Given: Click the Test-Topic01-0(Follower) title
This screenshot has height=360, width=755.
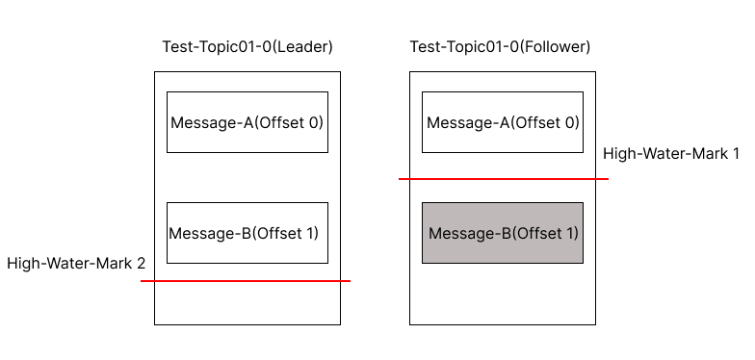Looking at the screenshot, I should pos(500,47).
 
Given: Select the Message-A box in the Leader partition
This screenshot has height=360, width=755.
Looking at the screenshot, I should pos(247,122).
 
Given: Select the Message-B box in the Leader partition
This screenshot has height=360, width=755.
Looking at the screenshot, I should pos(247,233).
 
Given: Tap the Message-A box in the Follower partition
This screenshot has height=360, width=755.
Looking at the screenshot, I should pos(503,122).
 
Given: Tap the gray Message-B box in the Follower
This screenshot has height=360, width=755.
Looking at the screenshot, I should pos(503,233).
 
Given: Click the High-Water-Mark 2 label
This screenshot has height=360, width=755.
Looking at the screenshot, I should pos(76,263).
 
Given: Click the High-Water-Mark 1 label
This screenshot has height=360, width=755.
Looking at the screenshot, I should pos(671,154).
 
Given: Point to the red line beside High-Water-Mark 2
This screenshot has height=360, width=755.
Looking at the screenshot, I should pos(246,281).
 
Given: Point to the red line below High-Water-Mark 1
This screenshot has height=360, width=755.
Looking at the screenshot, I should pos(504,179).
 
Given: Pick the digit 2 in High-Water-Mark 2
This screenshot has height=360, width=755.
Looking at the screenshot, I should pos(141,263).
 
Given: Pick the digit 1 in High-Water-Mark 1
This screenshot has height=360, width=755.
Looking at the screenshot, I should pos(736,154).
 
